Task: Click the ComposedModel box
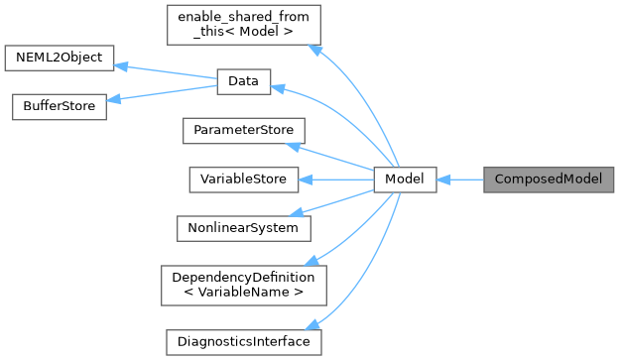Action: coord(549,180)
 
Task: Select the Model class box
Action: coord(405,180)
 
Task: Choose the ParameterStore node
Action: coord(243,131)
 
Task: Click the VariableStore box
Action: coord(243,180)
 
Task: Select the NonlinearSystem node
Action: coord(243,227)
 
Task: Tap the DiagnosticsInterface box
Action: coord(243,341)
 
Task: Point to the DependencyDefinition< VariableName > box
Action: coord(243,284)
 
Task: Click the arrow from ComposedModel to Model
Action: coord(459,180)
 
